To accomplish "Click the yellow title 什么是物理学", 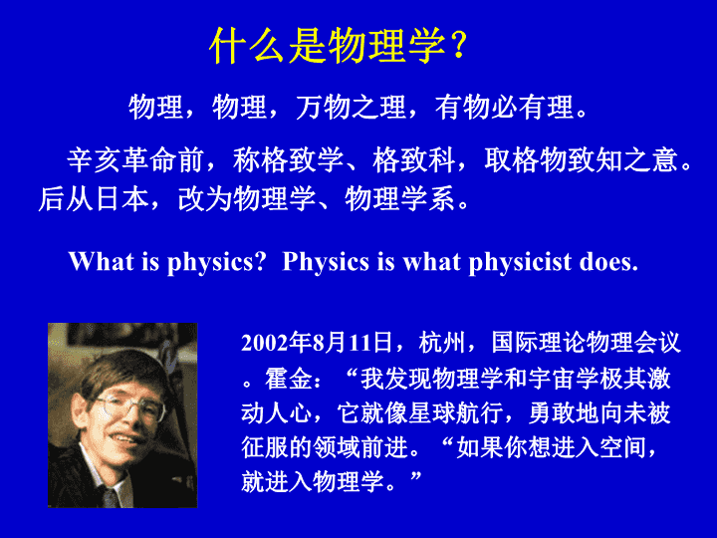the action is pyautogui.click(x=328, y=45).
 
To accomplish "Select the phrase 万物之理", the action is pyautogui.click(x=352, y=108).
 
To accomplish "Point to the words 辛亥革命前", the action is pyautogui.click(x=135, y=160).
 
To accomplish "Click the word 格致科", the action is pyautogui.click(x=414, y=160).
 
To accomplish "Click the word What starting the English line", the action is pyautogui.click(x=102, y=261).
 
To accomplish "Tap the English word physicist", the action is pyautogui.click(x=520, y=263).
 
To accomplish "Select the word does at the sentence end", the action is pyautogui.click(x=605, y=262).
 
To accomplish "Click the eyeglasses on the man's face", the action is pyautogui.click(x=130, y=406).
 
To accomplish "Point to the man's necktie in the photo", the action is pyautogui.click(x=111, y=497).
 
